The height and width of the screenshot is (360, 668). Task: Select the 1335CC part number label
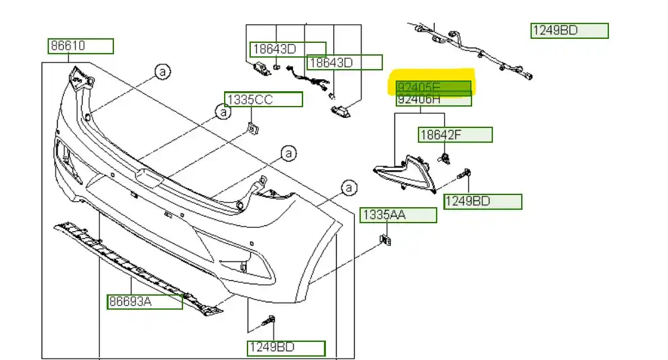click(264, 100)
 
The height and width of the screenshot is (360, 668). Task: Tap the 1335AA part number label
click(398, 215)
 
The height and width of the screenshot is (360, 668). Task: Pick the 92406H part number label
click(433, 100)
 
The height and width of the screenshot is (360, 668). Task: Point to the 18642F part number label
click(455, 135)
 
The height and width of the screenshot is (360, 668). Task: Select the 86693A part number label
click(144, 302)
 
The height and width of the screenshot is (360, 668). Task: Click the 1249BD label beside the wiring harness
click(569, 31)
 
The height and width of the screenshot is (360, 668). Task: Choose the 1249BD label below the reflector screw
click(482, 202)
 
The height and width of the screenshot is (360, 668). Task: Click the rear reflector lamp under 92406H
click(404, 173)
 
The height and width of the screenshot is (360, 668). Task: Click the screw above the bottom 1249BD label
click(271, 322)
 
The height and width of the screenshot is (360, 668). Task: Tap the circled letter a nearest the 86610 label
click(161, 72)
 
